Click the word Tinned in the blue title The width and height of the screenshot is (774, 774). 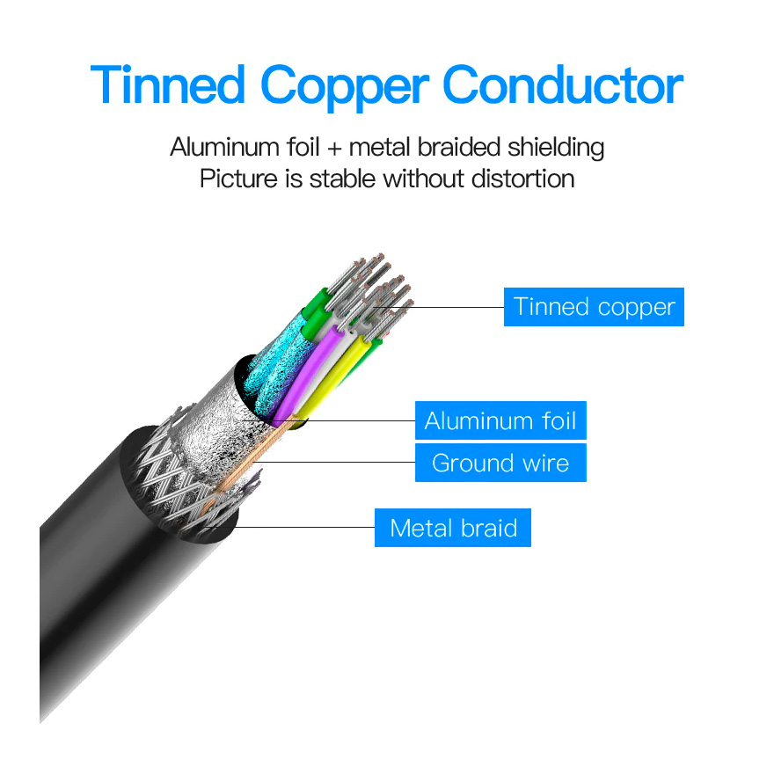[x=168, y=84]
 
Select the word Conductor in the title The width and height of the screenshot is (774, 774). [x=563, y=84]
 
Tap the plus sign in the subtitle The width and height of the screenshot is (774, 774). [x=334, y=149]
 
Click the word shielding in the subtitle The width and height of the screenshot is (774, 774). [x=556, y=148]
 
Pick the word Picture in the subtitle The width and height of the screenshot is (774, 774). [x=239, y=179]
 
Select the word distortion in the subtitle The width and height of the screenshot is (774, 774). [x=523, y=179]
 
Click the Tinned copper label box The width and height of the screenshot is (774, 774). [x=594, y=307]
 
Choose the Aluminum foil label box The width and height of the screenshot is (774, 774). [x=500, y=420]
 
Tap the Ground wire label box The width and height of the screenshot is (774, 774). [x=500, y=463]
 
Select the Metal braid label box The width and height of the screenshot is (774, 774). [x=453, y=528]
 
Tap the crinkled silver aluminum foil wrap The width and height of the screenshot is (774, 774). [x=217, y=434]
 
